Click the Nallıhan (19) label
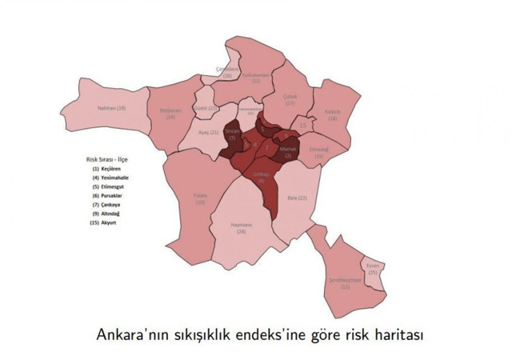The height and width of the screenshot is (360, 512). (111, 107)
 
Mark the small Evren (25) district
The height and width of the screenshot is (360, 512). (373, 270)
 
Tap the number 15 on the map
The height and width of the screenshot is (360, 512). (302, 126)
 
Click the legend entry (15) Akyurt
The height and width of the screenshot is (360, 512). (106, 222)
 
